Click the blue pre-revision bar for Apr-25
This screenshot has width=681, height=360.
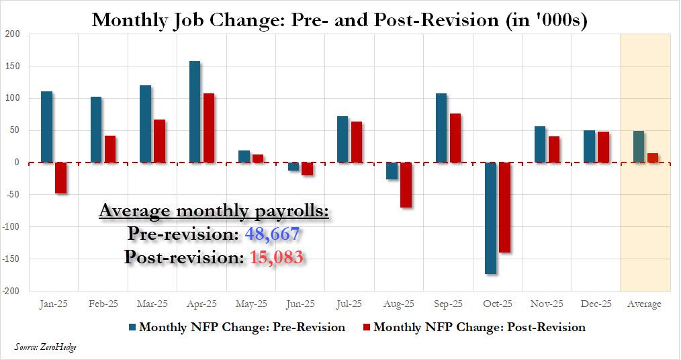pyautogui.click(x=195, y=111)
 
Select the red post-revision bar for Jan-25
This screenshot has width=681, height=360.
pyautogui.click(x=60, y=178)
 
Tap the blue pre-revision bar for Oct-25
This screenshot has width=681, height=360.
pyautogui.click(x=491, y=218)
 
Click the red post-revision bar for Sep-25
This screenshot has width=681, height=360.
pyautogui.click(x=455, y=138)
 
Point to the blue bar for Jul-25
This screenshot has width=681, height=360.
pyautogui.click(x=343, y=139)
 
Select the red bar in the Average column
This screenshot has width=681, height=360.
pyautogui.click(x=653, y=158)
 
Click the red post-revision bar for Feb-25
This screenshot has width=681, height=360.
pyautogui.click(x=110, y=149)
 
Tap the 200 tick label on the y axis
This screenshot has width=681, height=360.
pyautogui.click(x=13, y=34)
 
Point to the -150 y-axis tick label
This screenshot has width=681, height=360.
pyautogui.click(x=11, y=259)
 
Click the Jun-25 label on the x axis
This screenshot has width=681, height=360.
pyautogui.click(x=300, y=304)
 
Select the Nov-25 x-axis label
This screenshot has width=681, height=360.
pyautogui.click(x=547, y=304)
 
